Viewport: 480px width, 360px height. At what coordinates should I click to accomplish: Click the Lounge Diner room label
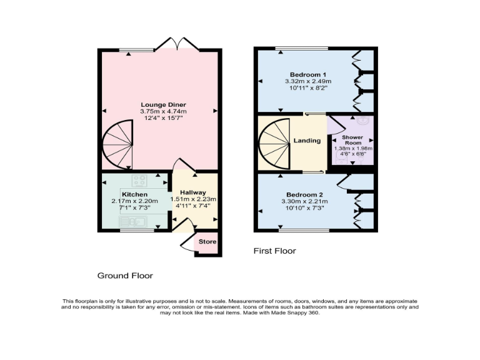[163, 104]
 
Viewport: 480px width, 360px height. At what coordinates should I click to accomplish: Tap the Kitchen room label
[134, 194]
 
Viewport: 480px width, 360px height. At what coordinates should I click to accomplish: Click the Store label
[207, 242]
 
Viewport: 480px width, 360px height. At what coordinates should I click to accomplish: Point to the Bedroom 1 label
[307, 74]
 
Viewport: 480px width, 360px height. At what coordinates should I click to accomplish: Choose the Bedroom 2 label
[306, 194]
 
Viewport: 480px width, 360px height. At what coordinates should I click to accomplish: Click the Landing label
[307, 141]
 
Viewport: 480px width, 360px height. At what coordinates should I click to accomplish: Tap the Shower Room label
[352, 139]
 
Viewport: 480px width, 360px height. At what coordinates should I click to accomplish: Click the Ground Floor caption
[125, 275]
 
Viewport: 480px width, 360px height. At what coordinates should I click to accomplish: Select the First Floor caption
[274, 251]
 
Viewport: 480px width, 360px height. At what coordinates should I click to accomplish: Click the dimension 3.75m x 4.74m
[163, 111]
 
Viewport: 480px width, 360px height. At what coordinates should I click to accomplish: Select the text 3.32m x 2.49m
[307, 81]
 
